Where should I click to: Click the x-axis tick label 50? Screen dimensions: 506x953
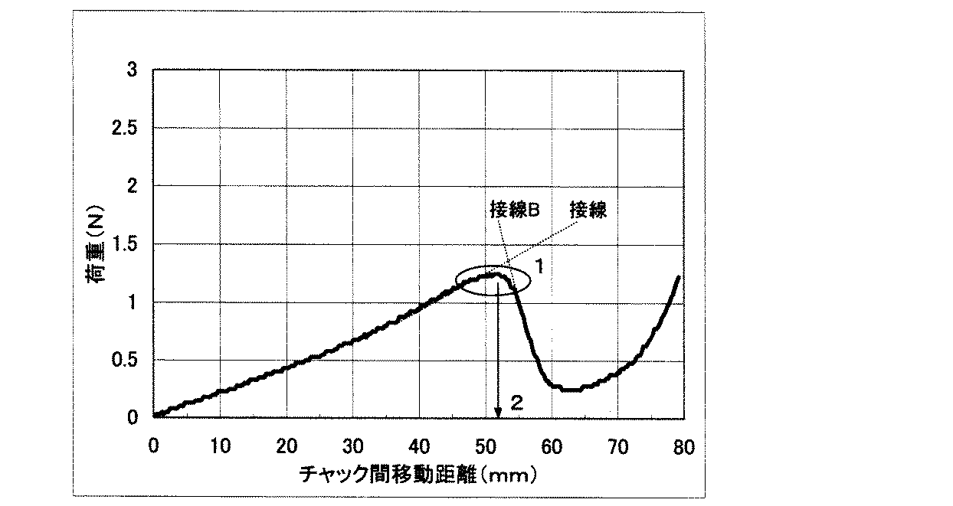coord(486,447)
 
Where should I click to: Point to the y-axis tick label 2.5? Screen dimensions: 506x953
coord(126,128)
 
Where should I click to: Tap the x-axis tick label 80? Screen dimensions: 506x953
coord(684,447)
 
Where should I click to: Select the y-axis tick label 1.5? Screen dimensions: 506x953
coord(126,245)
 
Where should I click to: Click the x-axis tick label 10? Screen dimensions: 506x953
coord(220,447)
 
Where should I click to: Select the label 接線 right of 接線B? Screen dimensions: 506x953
coord(588,211)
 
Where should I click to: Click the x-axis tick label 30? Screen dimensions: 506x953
coord(352,447)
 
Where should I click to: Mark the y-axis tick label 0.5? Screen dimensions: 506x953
coord(126,361)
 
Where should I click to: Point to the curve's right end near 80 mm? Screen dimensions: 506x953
coord(679,277)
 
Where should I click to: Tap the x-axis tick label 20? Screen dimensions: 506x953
coord(287,447)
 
